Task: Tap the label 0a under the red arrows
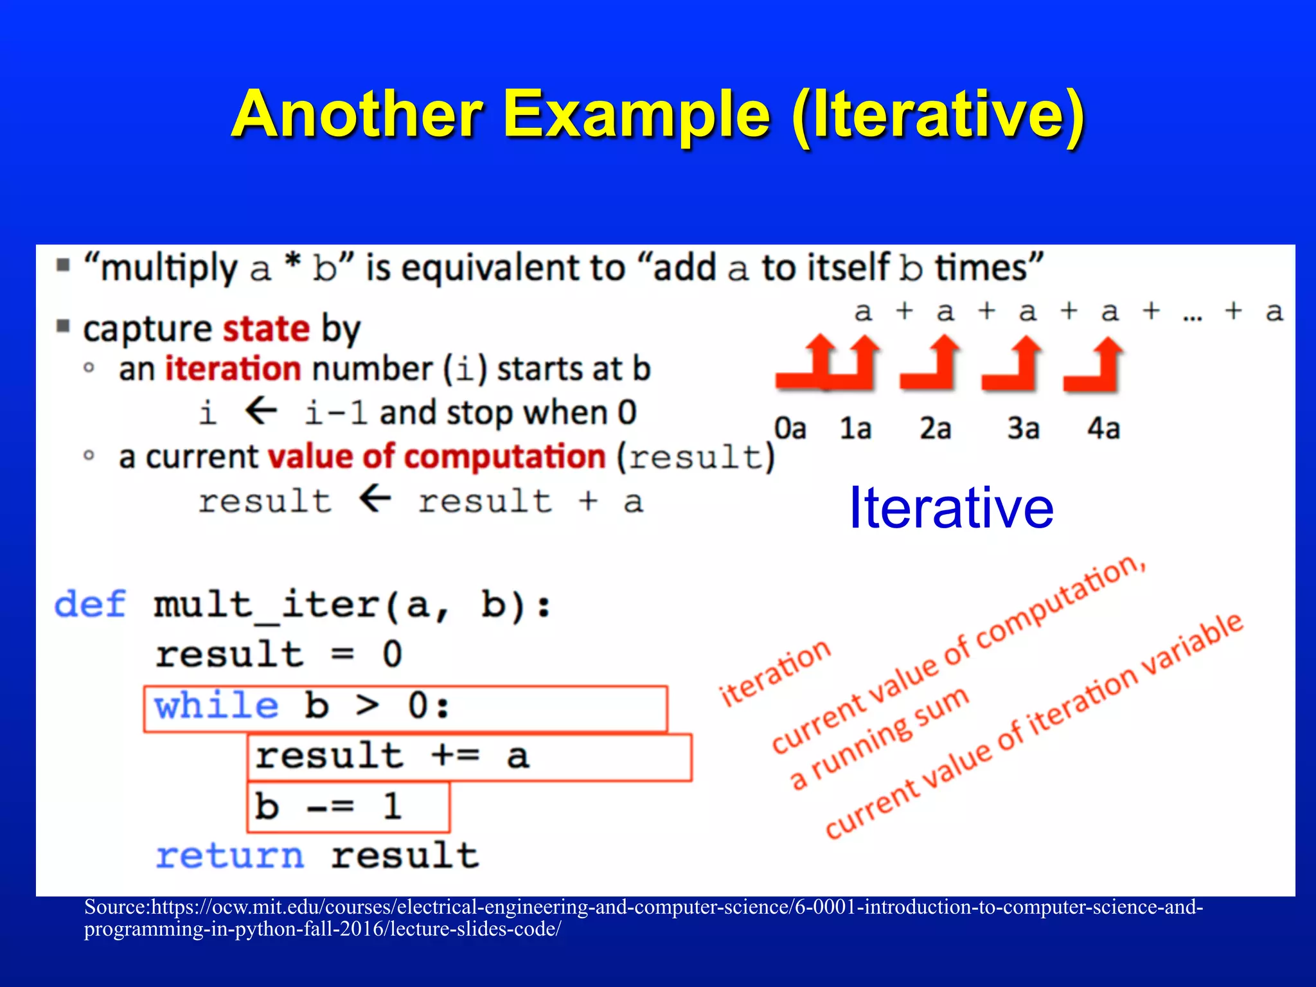(x=790, y=429)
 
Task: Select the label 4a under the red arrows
(x=1103, y=429)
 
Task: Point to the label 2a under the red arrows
(x=935, y=429)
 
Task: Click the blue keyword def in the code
(x=90, y=605)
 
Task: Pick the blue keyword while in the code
(x=217, y=706)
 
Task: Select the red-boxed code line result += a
(x=392, y=756)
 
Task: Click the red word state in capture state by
(x=266, y=329)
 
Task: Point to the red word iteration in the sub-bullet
(x=233, y=369)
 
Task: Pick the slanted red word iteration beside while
(x=775, y=673)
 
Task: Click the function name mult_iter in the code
(x=266, y=605)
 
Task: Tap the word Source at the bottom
(x=115, y=907)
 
